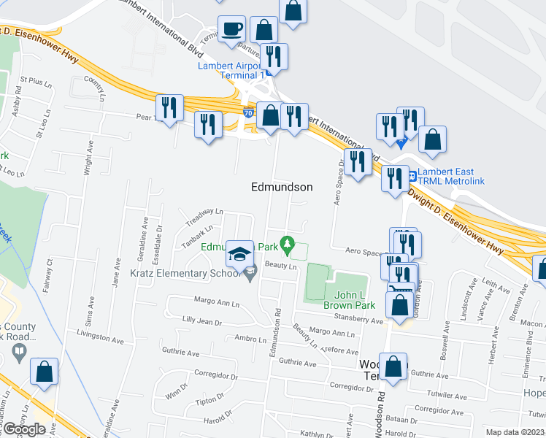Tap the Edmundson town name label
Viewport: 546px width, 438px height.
click(282, 187)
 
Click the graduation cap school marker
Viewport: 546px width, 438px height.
click(239, 254)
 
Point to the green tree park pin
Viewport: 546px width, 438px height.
click(288, 242)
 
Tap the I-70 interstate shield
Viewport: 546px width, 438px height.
click(248, 114)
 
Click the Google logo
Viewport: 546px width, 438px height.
click(23, 429)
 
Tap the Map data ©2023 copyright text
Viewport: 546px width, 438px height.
click(515, 432)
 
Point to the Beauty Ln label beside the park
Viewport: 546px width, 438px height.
click(282, 266)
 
